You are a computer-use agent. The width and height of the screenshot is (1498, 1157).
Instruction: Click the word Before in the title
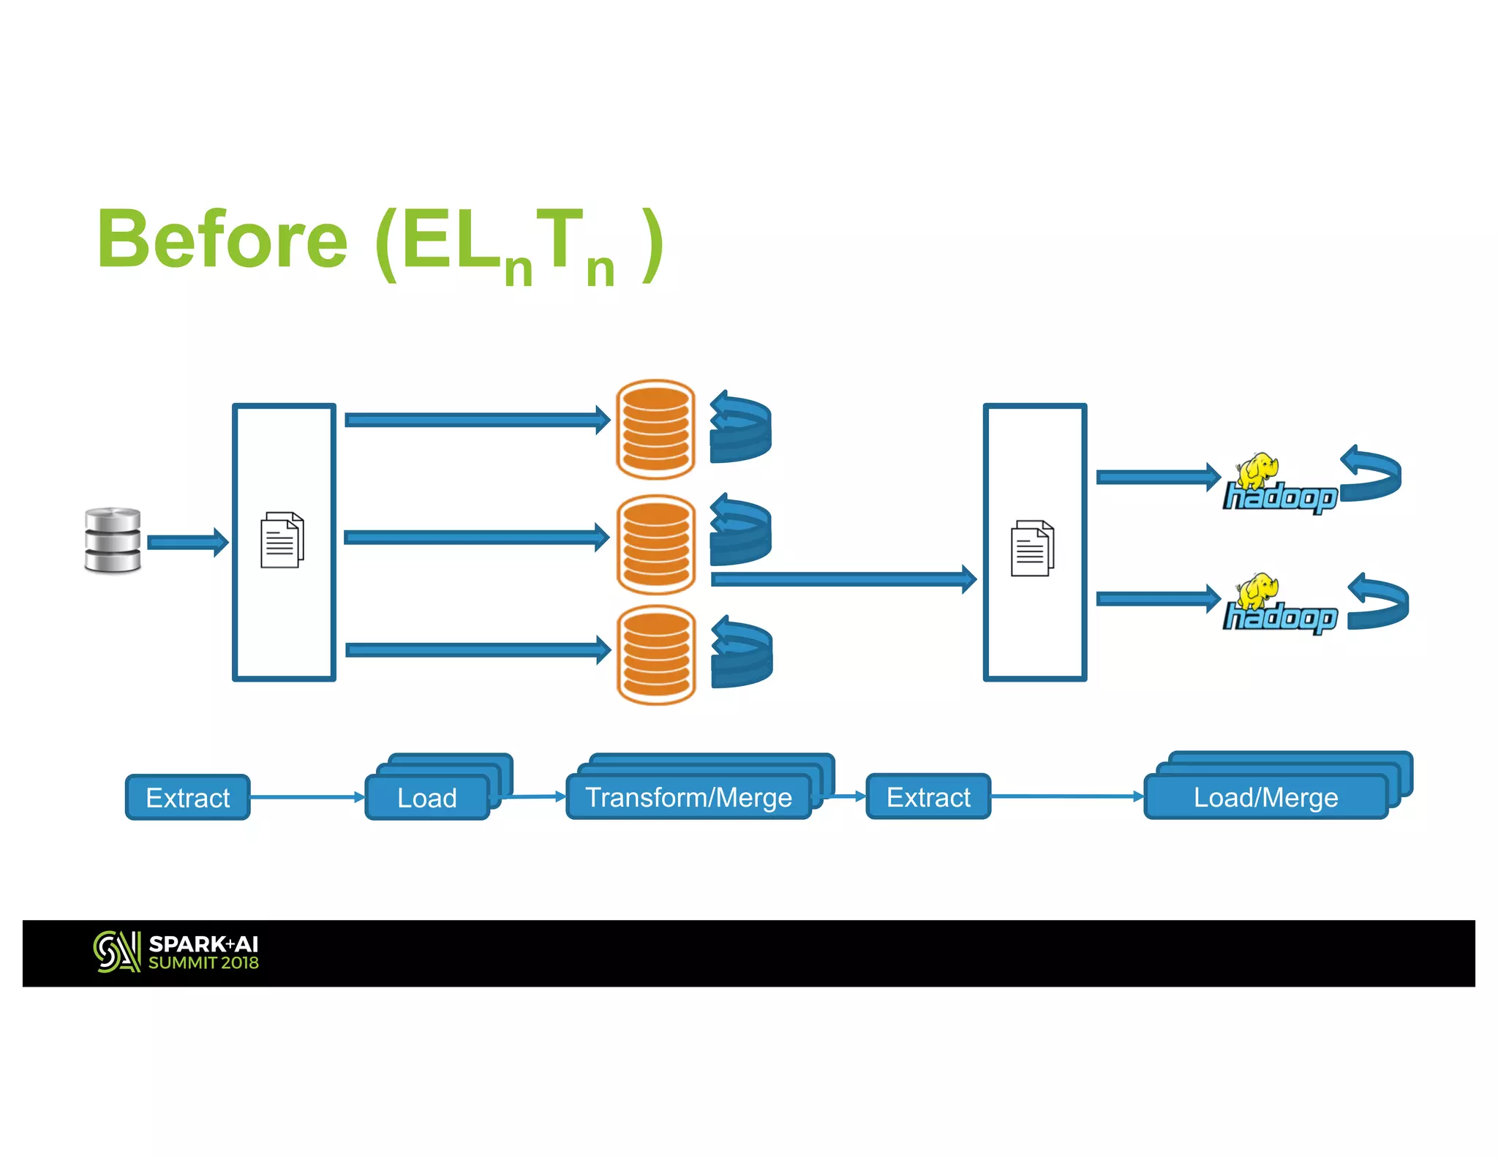point(222,240)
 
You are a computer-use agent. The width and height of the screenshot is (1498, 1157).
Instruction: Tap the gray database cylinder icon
point(113,540)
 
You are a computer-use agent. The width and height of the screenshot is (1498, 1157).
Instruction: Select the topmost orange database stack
point(655,429)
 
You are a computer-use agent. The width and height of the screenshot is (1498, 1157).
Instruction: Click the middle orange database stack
point(656,544)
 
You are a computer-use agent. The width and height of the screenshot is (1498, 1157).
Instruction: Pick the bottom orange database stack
point(656,655)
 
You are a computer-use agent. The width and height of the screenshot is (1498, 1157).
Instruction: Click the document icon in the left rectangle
point(282,540)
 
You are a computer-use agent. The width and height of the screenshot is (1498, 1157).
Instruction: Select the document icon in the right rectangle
point(1032,549)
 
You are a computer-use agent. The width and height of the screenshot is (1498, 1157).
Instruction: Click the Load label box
point(427,797)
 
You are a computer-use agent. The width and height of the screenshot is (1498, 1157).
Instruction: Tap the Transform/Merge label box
point(688,797)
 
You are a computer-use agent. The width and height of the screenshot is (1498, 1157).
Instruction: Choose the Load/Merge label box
point(1265,797)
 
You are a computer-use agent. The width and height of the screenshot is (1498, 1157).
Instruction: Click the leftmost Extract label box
point(188,797)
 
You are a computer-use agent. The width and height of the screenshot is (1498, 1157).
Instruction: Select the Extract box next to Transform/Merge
point(928,796)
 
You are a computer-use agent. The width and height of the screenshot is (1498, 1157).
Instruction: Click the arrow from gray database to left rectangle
point(187,542)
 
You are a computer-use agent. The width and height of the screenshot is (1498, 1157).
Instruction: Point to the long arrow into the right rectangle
point(841,579)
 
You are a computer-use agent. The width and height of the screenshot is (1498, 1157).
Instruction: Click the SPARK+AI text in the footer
point(203,944)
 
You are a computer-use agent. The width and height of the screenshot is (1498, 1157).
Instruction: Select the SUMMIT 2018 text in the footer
point(203,963)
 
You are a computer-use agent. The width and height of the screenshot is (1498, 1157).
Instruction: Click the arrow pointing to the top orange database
point(475,420)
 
